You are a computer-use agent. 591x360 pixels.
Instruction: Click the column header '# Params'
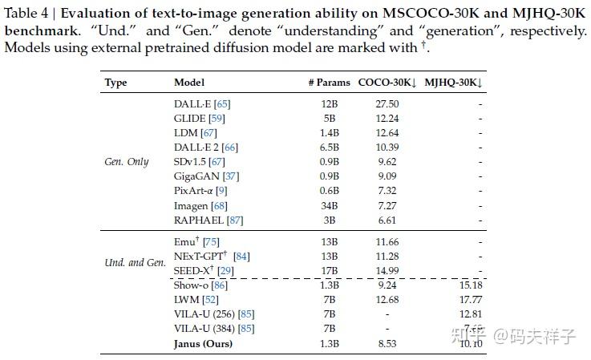(x=330, y=83)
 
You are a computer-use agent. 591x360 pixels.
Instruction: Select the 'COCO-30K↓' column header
(x=387, y=83)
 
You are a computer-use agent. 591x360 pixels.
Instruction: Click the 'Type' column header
(x=116, y=83)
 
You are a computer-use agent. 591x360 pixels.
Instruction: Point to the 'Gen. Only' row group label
(x=127, y=162)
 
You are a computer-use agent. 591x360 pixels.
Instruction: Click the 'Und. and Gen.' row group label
(x=135, y=263)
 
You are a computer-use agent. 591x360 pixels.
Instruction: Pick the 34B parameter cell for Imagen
(x=330, y=205)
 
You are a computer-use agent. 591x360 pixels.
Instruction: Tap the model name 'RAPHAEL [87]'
(x=208, y=220)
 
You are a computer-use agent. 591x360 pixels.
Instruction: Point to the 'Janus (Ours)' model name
(x=203, y=344)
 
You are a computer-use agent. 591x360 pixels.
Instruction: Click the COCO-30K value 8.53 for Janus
(x=387, y=344)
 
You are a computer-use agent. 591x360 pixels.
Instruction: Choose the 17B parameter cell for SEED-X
(x=330, y=271)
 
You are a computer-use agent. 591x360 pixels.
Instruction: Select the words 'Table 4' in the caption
(x=29, y=14)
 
